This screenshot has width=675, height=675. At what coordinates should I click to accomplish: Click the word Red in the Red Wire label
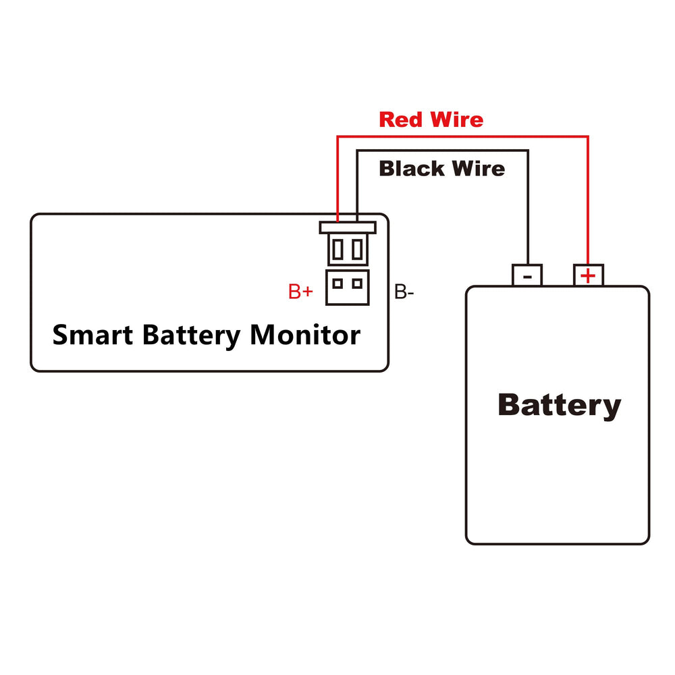(401, 119)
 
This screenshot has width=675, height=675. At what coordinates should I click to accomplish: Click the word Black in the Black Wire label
(412, 168)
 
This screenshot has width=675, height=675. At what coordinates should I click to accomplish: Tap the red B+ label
(300, 292)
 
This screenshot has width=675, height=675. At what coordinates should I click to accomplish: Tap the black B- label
(404, 292)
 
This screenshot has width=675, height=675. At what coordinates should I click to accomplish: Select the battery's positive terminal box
(589, 275)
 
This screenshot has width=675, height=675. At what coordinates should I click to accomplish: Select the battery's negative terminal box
(527, 275)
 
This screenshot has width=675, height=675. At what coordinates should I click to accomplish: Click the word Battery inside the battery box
(560, 406)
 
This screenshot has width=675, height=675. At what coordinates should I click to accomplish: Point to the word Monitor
(305, 335)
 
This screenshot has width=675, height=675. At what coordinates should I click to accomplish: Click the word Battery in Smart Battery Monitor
(192, 335)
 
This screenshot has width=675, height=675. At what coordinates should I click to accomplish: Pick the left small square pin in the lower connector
(338, 283)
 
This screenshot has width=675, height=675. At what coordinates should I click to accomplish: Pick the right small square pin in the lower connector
(357, 283)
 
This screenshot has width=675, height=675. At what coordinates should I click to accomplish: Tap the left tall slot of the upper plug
(338, 249)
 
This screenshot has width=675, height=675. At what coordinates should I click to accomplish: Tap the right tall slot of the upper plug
(357, 249)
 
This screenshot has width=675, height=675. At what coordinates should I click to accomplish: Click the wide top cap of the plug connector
(348, 227)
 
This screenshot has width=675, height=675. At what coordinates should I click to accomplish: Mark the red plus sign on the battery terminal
(588, 276)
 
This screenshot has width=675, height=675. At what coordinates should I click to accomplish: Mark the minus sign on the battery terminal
(527, 277)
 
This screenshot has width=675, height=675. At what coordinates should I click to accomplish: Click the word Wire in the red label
(457, 119)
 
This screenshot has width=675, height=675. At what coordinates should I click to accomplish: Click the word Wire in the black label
(479, 168)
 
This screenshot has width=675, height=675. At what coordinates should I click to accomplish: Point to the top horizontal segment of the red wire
(463, 137)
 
